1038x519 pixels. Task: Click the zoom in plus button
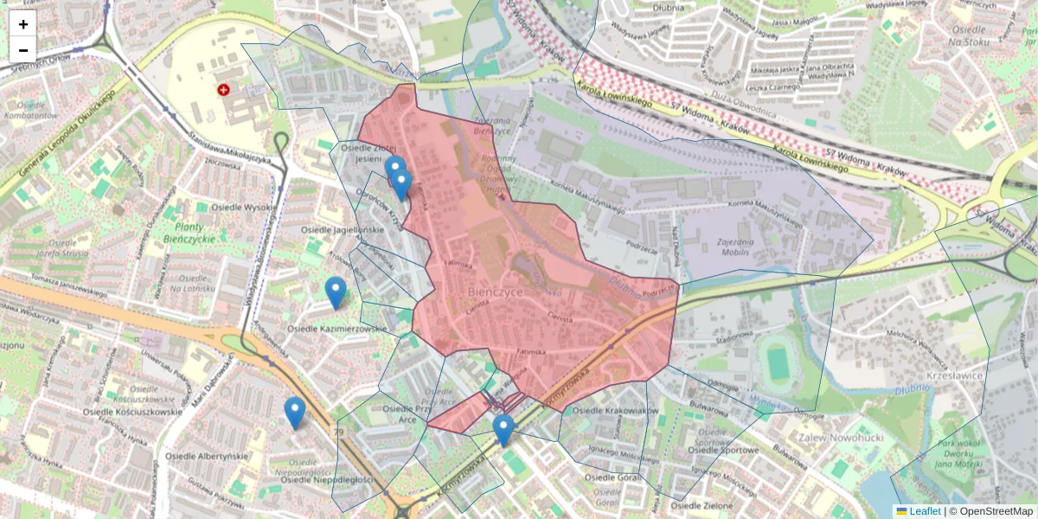pyautogui.click(x=23, y=24)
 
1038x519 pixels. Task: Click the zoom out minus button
pyautogui.click(x=23, y=50)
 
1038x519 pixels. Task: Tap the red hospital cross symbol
pyautogui.click(x=224, y=89)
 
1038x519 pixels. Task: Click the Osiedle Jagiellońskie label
pyautogui.click(x=343, y=230)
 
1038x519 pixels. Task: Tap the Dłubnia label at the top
pyautogui.click(x=669, y=9)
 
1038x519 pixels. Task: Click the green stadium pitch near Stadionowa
pyautogui.click(x=778, y=362)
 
